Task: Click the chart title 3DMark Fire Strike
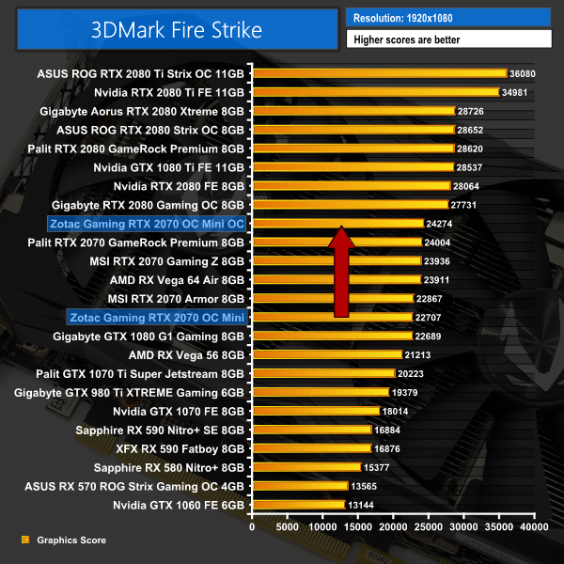click(177, 29)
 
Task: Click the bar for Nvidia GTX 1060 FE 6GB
click(298, 505)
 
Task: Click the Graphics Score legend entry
click(70, 540)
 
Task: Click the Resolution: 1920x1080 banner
click(447, 17)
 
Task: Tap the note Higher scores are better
click(447, 39)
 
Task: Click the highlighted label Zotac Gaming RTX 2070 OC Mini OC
click(146, 224)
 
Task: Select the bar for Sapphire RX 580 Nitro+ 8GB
click(306, 467)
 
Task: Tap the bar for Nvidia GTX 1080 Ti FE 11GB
click(352, 167)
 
